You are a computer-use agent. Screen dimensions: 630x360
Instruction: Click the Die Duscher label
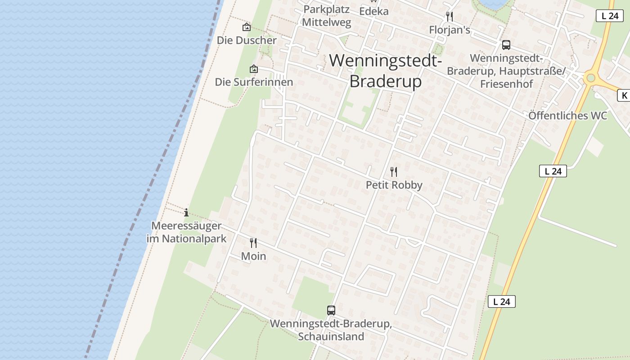click(x=247, y=40)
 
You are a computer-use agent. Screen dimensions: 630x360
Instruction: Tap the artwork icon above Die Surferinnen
click(x=254, y=69)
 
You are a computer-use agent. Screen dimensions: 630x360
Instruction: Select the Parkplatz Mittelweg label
click(x=326, y=16)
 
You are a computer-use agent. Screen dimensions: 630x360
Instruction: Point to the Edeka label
click(x=373, y=11)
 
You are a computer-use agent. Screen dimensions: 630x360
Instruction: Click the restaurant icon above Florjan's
click(x=449, y=17)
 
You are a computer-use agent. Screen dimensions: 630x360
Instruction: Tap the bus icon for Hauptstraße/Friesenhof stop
click(x=506, y=45)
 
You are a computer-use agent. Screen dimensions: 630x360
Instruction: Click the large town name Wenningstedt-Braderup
click(x=386, y=71)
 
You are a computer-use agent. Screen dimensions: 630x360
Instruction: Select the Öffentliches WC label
click(x=567, y=116)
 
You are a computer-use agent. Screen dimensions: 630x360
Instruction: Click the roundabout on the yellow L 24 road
click(x=590, y=78)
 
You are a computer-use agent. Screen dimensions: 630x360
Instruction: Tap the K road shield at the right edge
click(x=624, y=95)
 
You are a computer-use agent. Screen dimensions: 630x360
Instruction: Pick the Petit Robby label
click(x=394, y=185)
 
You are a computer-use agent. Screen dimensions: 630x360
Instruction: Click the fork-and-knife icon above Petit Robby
click(x=394, y=171)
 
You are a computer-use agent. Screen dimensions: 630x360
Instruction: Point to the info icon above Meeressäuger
click(x=186, y=212)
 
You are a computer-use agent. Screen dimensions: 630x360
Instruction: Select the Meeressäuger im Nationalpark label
click(x=186, y=232)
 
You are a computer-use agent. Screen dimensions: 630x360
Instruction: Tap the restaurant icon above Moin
click(x=253, y=243)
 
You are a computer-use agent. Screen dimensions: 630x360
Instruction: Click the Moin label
click(x=253, y=256)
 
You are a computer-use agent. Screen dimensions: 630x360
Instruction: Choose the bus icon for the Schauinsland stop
click(x=331, y=310)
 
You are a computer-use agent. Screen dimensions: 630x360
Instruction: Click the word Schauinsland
click(x=331, y=337)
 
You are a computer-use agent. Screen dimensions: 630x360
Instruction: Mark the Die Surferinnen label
click(x=254, y=82)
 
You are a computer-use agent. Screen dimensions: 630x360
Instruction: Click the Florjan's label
click(x=449, y=30)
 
